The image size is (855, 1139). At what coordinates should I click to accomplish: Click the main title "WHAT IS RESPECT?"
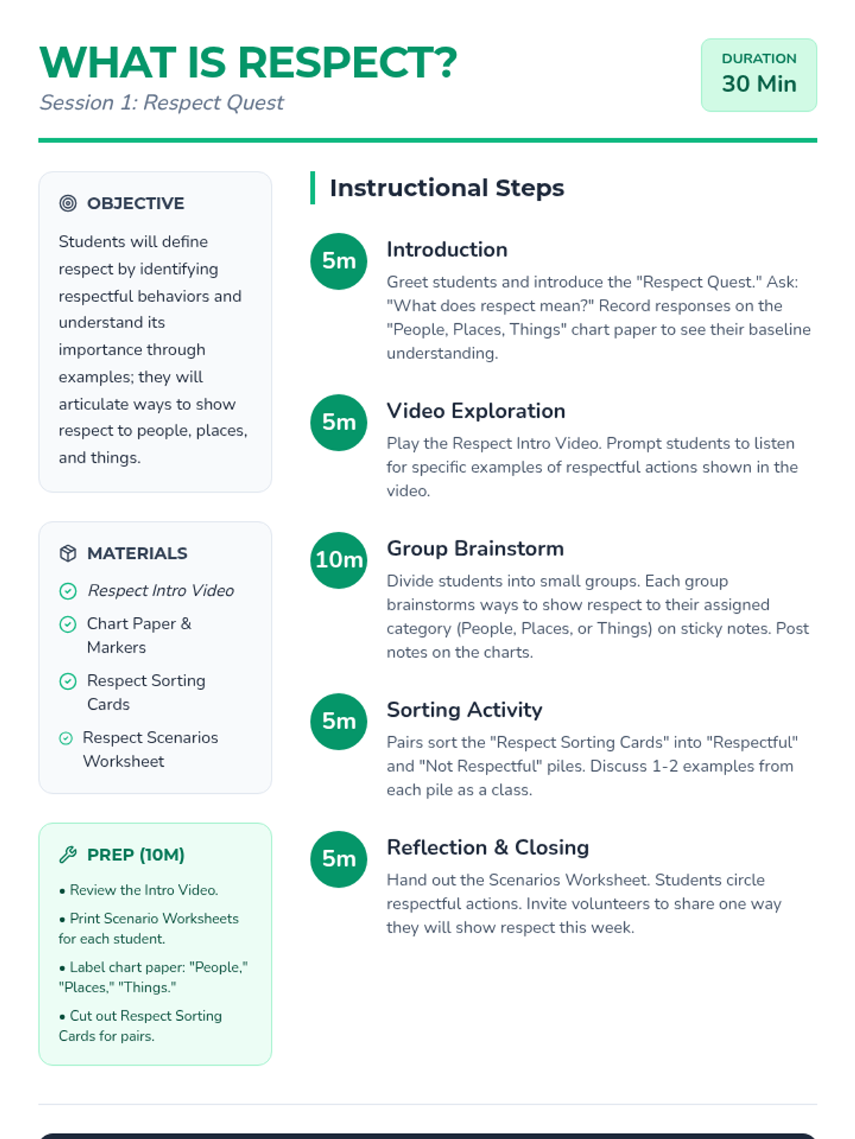[248, 63]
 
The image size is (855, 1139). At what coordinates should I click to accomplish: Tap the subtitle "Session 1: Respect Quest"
[162, 103]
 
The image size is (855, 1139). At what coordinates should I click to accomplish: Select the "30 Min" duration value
[759, 84]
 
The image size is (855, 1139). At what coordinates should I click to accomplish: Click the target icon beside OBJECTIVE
[68, 204]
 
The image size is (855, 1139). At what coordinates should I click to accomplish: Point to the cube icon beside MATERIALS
[68, 553]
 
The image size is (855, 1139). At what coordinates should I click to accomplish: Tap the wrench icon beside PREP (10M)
[68, 854]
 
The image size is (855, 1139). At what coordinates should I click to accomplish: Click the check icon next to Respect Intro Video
[68, 591]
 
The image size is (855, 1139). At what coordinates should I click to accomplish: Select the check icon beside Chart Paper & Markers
[68, 624]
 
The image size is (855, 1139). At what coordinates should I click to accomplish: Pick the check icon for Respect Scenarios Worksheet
[66, 738]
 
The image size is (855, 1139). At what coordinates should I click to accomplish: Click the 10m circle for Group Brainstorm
[339, 560]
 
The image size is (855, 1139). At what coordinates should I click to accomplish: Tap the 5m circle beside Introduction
[339, 261]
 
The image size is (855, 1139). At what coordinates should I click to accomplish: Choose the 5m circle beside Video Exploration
[339, 422]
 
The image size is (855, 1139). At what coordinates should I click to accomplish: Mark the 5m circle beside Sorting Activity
[339, 721]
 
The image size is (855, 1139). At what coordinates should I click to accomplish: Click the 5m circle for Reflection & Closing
[339, 859]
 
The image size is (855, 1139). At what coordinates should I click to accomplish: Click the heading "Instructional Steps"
[447, 188]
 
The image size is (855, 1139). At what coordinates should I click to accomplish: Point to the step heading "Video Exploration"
[476, 411]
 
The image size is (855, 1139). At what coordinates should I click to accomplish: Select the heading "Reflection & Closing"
[488, 847]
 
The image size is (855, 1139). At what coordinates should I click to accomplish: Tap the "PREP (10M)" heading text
[135, 854]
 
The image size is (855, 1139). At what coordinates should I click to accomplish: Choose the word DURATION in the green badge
[759, 58]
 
